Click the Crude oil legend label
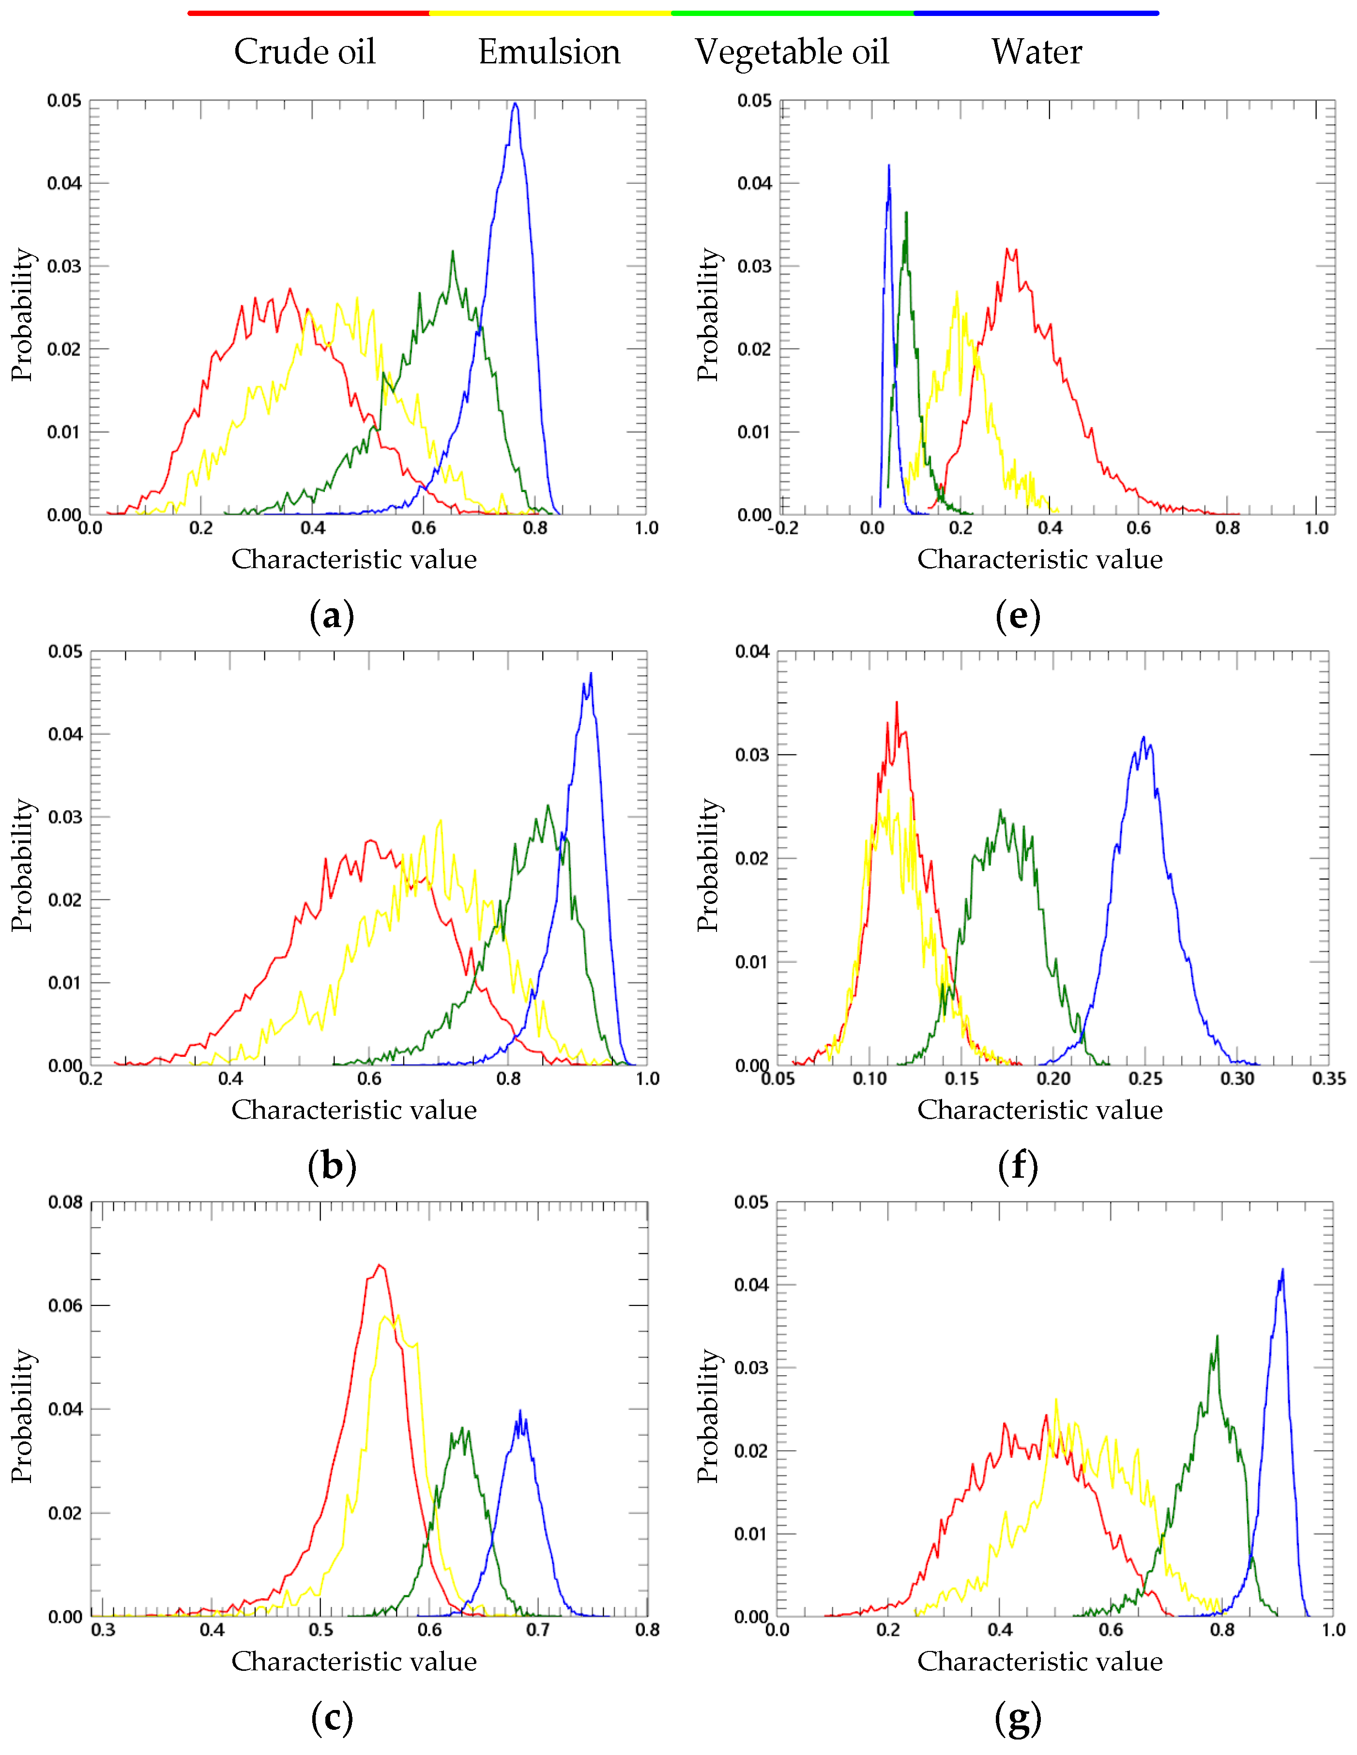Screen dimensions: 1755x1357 tap(305, 52)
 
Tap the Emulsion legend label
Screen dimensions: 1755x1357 tap(549, 52)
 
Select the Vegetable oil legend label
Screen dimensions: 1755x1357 tap(792, 52)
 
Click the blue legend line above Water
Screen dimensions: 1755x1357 tap(1036, 14)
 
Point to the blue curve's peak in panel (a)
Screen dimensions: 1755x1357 tap(515, 104)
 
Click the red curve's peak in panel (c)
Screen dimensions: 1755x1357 tap(380, 1266)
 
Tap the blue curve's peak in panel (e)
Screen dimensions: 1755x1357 tap(888, 166)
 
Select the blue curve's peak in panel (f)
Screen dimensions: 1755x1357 tap(1143, 737)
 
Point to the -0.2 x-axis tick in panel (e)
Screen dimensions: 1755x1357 tap(783, 528)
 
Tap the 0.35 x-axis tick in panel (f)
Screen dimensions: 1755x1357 tap(1328, 1079)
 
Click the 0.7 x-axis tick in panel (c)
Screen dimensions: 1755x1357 tap(538, 1630)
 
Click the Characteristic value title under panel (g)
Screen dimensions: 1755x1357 tap(1039, 1661)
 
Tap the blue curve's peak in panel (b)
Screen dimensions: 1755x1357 tap(591, 674)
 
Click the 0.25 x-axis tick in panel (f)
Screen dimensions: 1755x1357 tap(1145, 1079)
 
